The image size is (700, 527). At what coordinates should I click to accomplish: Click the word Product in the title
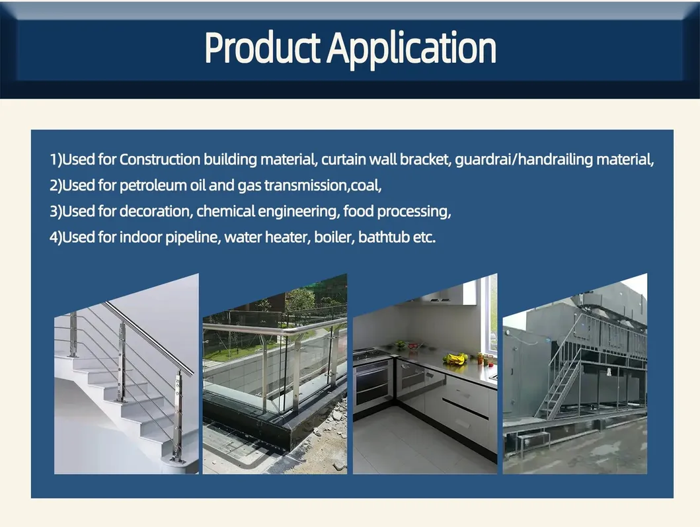point(263,48)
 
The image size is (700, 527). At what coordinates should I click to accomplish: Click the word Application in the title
point(411,48)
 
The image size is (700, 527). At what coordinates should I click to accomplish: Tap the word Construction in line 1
point(160,159)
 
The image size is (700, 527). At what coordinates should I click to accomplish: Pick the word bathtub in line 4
point(383,237)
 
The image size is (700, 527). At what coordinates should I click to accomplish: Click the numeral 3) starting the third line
point(56,212)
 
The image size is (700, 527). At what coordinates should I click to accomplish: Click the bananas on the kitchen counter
point(455,359)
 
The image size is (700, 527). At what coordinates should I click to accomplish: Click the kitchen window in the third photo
point(492,314)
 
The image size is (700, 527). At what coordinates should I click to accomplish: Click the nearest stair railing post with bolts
point(177,417)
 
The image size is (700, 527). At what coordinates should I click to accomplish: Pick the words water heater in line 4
point(264,237)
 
